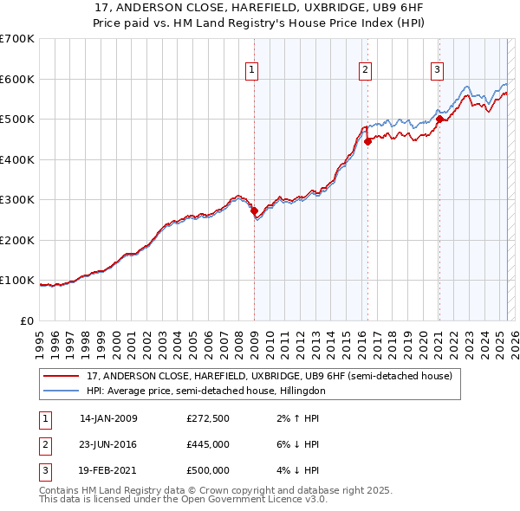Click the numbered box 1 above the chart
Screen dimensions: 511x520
[251, 70]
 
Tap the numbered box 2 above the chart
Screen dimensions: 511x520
[366, 70]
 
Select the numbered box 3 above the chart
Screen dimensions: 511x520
[438, 70]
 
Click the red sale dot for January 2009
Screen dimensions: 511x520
[254, 210]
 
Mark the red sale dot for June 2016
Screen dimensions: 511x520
[368, 141]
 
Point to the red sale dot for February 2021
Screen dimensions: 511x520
[439, 120]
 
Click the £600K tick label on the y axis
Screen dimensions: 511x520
[17, 79]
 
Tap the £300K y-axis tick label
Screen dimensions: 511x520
[17, 199]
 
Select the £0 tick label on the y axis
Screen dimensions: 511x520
[28, 320]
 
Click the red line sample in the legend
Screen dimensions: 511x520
[61, 377]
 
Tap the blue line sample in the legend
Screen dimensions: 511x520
[61, 391]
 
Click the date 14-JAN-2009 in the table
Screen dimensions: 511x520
[108, 418]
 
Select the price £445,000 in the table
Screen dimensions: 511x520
[208, 444]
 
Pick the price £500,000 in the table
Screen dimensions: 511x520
[208, 470]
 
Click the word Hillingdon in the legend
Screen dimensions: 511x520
[306, 391]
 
